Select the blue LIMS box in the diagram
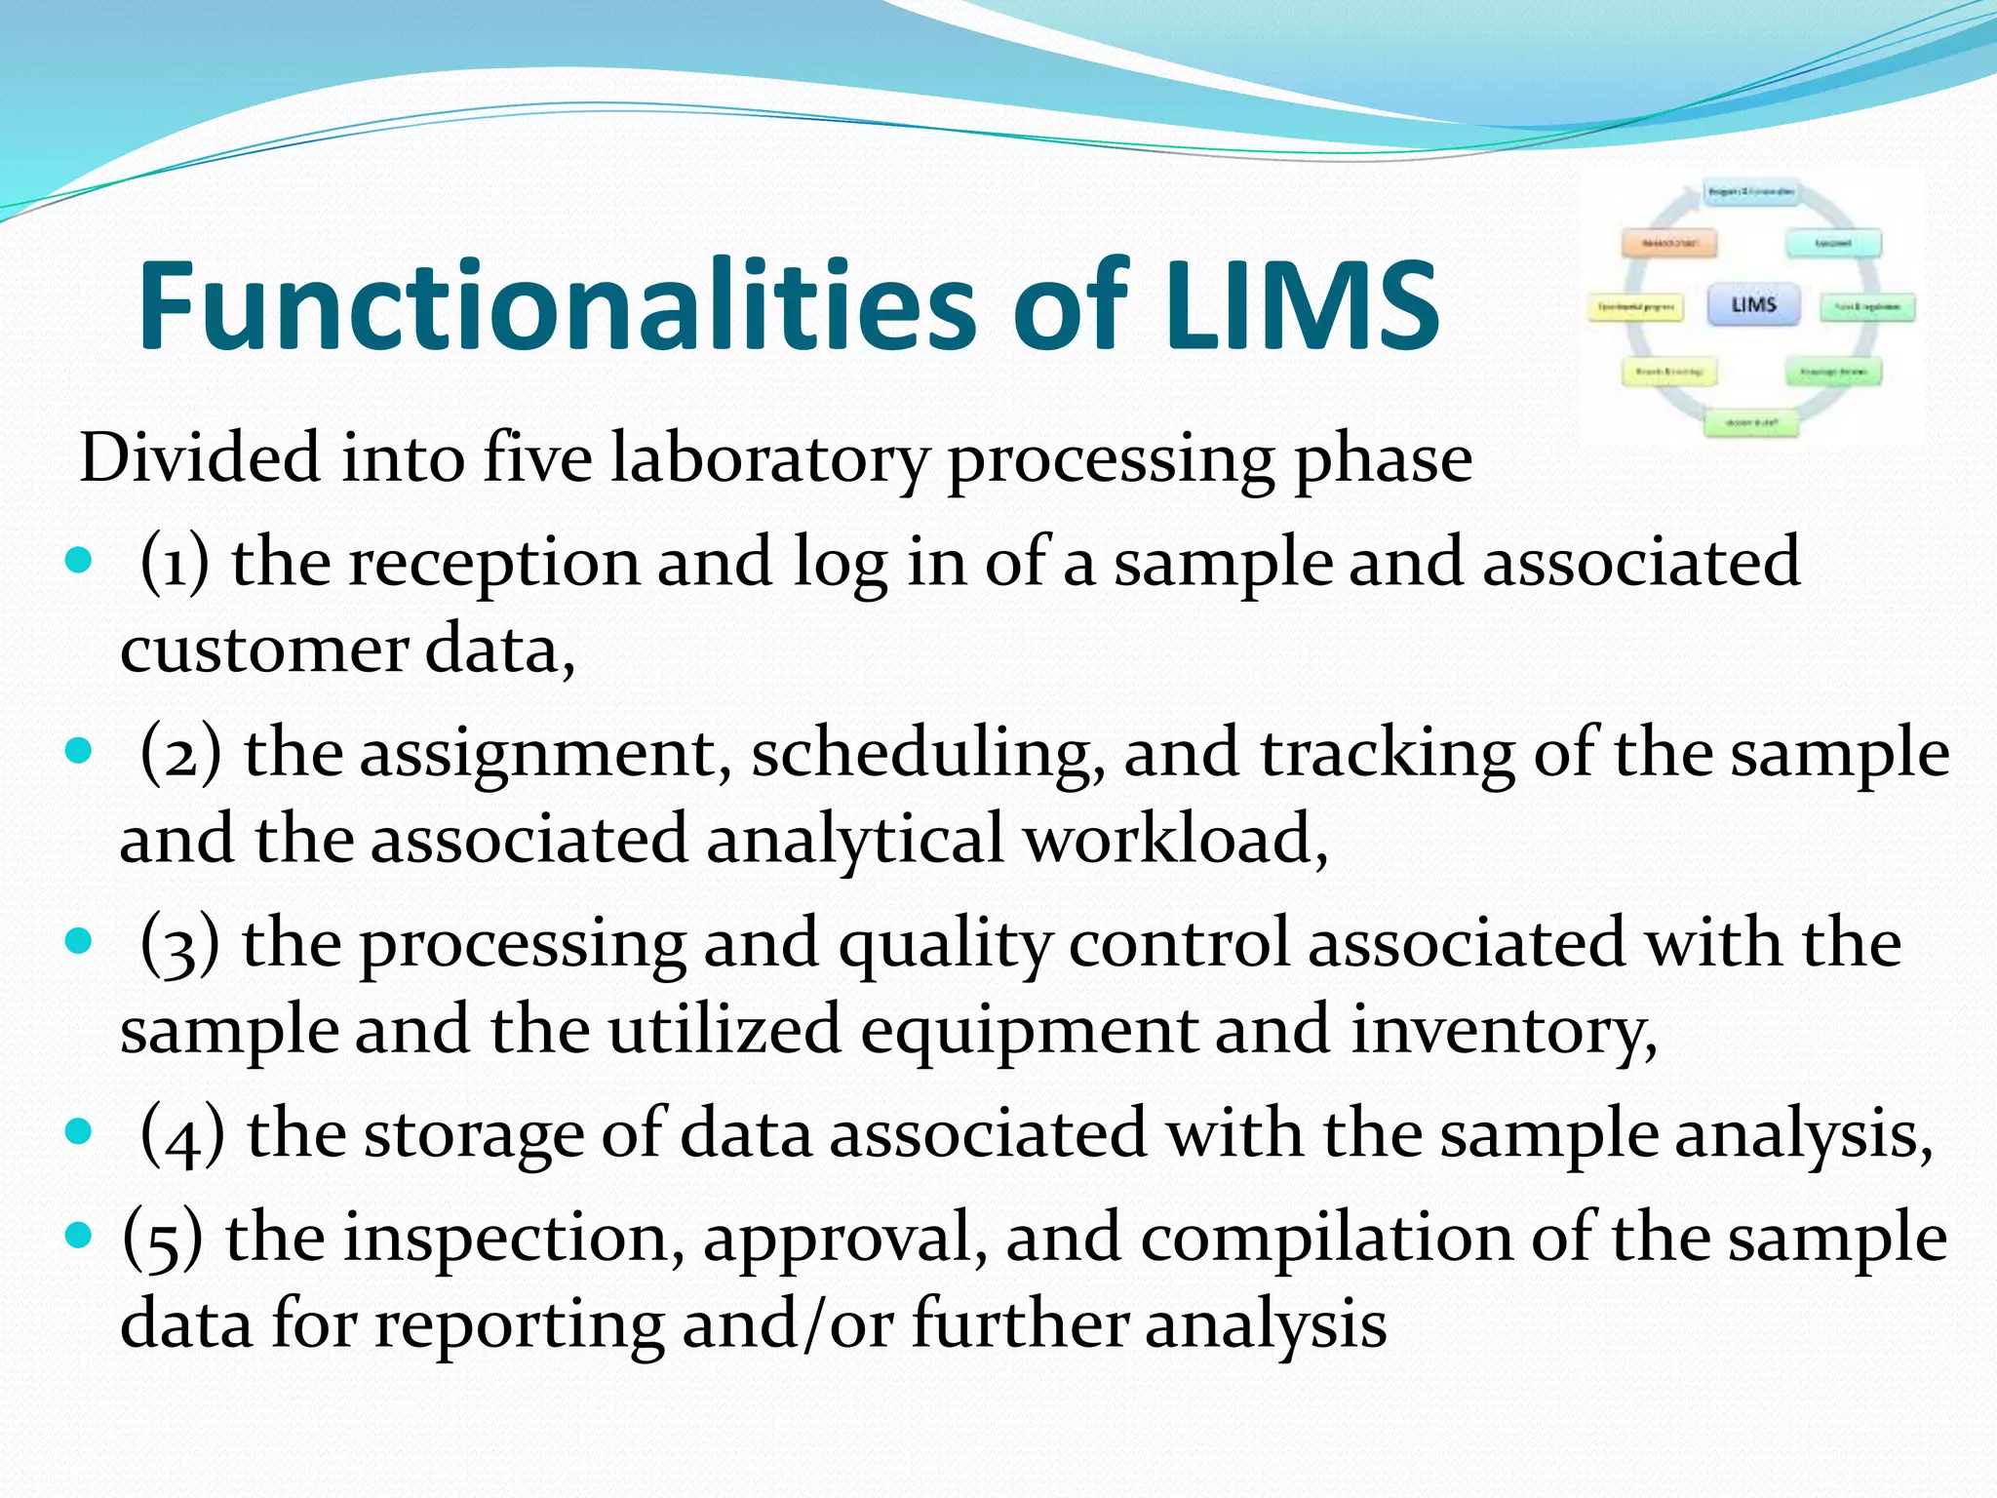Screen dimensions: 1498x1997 (1753, 305)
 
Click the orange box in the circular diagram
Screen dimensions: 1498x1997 (1668, 242)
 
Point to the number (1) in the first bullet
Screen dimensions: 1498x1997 (175, 563)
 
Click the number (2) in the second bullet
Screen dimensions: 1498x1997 (180, 754)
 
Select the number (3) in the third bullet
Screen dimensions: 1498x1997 (179, 944)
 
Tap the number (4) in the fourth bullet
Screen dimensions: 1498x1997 (182, 1134)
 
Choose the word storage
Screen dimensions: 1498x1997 (472, 1134)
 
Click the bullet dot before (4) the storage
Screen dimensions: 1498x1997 (79, 1132)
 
